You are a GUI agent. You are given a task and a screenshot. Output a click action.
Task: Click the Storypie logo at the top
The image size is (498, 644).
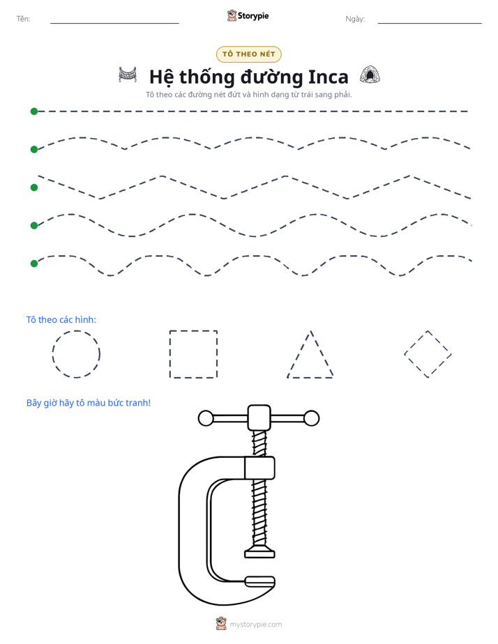pos(248,15)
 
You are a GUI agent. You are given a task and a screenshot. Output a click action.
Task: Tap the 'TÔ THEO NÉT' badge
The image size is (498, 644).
pos(248,54)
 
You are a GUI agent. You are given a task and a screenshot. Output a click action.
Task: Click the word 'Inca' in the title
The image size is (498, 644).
pos(328,77)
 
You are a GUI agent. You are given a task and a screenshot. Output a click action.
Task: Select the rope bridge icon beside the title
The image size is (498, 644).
pos(128,75)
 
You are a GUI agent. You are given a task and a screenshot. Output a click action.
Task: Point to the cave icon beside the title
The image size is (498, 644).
pos(370,75)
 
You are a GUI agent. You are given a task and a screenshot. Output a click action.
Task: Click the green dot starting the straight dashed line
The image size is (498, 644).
pos(34,112)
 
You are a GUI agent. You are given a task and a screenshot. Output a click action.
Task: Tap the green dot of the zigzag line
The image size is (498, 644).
pos(34,187)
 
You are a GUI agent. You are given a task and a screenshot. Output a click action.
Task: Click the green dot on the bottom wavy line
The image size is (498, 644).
pos(34,263)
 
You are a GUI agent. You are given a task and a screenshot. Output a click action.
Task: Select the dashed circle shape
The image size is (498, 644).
pos(52,354)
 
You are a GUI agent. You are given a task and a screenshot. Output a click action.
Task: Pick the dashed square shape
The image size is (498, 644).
pos(169,354)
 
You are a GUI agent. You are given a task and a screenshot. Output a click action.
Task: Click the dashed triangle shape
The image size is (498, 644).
pos(299,354)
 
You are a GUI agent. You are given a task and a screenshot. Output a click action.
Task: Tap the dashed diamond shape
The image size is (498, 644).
pos(416,342)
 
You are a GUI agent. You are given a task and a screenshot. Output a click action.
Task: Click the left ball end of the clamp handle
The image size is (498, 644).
pos(206,418)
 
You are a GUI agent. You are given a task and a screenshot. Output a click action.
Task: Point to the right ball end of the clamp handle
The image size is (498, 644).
pos(312,418)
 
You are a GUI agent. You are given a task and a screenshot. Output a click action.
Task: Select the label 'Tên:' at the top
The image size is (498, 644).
pos(23,19)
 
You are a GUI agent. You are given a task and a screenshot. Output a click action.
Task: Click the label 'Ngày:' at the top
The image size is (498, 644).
pos(355,19)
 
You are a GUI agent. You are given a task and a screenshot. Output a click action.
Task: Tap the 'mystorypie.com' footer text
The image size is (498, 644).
pos(255,624)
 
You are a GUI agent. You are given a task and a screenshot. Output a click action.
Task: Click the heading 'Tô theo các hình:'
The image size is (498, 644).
pos(61,319)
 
